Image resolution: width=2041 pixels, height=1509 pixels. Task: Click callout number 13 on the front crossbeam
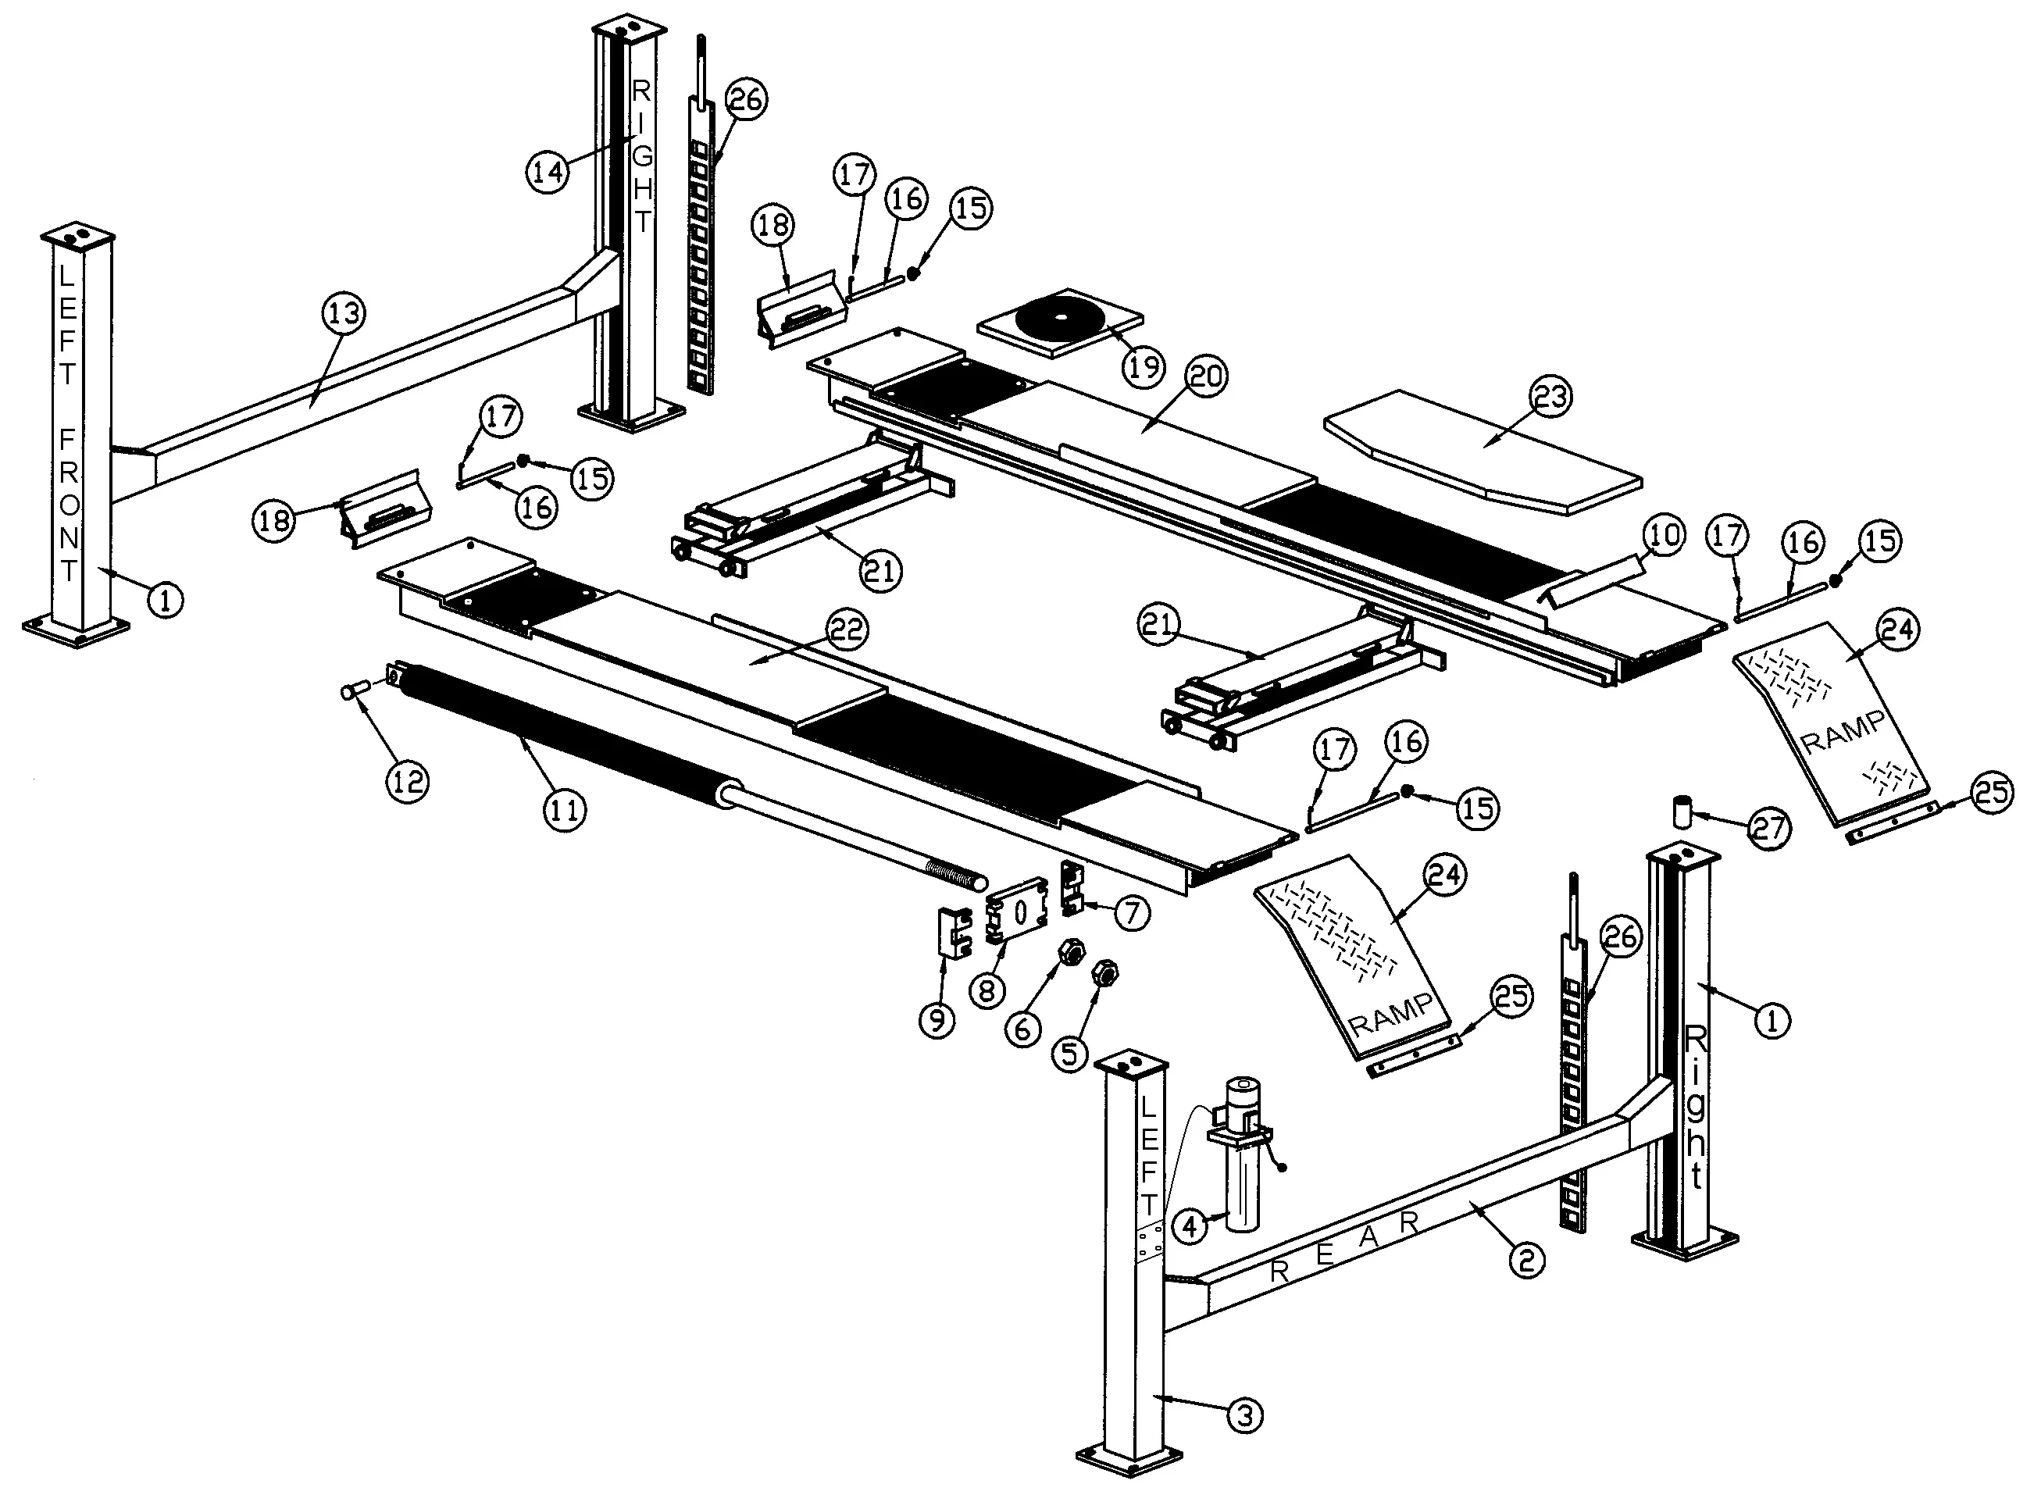344,313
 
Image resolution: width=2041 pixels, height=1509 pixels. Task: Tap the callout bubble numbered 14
548,171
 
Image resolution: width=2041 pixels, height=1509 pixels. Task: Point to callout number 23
1550,397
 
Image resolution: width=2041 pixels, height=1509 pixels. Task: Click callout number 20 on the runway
1206,376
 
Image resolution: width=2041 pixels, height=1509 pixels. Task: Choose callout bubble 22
847,630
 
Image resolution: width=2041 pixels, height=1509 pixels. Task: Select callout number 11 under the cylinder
564,809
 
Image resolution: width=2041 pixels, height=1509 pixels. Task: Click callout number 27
1768,828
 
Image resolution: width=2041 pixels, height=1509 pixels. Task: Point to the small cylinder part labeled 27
1682,810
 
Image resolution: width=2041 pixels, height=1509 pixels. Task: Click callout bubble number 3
1244,1415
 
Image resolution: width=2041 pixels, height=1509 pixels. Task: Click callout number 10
1663,535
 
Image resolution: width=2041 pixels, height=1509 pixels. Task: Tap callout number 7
1131,912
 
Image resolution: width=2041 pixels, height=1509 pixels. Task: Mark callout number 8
987,990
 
